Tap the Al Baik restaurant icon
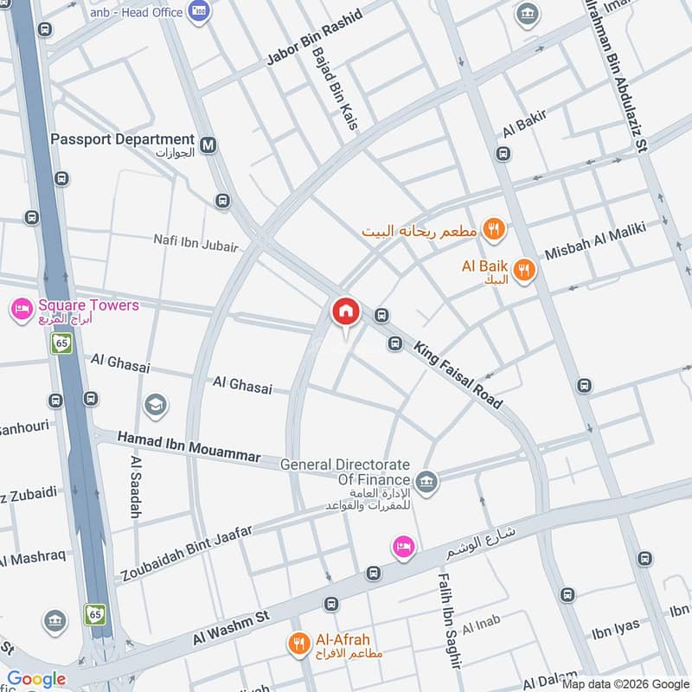[x=524, y=271]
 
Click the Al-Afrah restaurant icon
[x=299, y=643]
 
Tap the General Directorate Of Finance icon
[x=426, y=480]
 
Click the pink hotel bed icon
[x=403, y=546]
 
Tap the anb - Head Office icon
[x=200, y=12]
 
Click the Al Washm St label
[x=232, y=626]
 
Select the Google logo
[x=36, y=679]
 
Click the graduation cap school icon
[x=156, y=405]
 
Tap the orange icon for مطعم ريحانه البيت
[x=494, y=230]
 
